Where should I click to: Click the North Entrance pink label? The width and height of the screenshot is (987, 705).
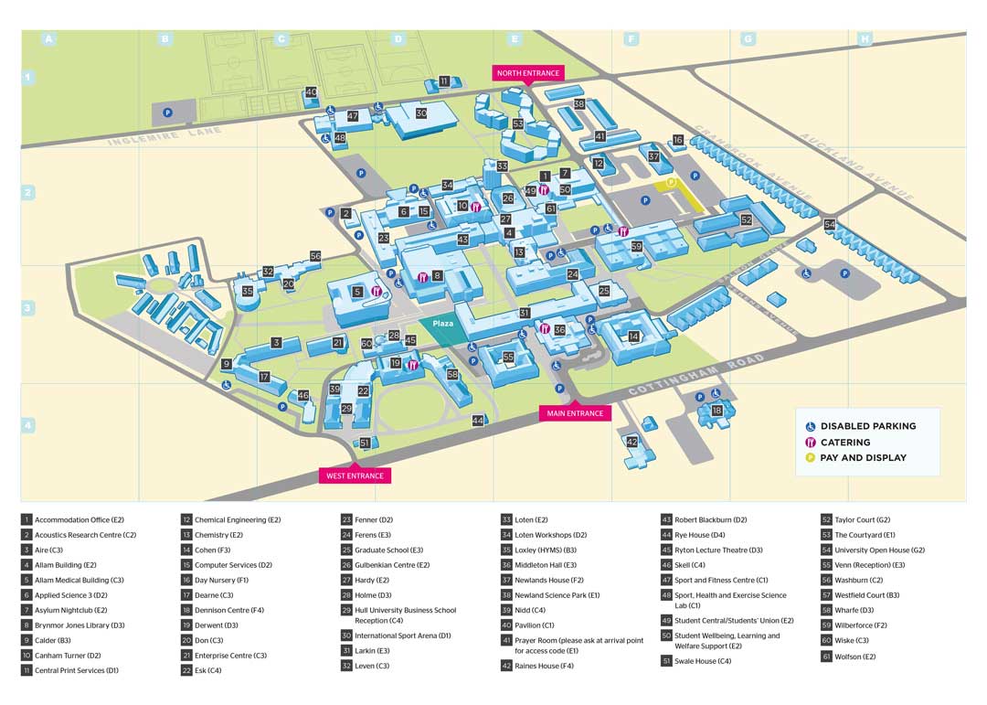[527, 73]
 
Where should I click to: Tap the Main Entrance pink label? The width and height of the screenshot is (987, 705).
[575, 413]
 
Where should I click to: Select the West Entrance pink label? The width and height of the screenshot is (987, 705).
[355, 475]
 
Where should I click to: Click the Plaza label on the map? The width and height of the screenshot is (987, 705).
[443, 324]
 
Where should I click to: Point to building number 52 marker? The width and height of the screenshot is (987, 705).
[747, 219]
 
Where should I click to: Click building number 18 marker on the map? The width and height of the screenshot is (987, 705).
[717, 411]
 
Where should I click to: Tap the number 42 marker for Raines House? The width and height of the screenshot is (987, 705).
[631, 442]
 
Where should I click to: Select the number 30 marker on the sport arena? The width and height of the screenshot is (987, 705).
[421, 113]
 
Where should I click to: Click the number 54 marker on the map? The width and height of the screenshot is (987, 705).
[830, 224]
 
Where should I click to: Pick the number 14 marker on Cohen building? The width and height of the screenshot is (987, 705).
[633, 336]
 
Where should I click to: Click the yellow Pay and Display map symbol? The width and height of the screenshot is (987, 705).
[671, 183]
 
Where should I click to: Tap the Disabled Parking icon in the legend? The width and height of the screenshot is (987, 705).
[810, 426]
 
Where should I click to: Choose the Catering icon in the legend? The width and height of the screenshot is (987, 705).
[810, 443]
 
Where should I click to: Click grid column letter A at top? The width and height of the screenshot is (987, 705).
[49, 39]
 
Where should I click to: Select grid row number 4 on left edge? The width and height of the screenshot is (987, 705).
[28, 425]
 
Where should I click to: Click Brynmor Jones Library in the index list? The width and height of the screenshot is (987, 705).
[74, 625]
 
